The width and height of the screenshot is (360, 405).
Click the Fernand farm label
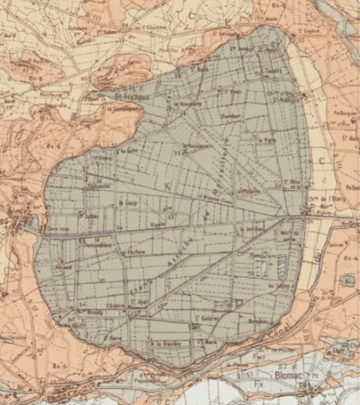(65, 264)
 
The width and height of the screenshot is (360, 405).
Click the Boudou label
(258, 321)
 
